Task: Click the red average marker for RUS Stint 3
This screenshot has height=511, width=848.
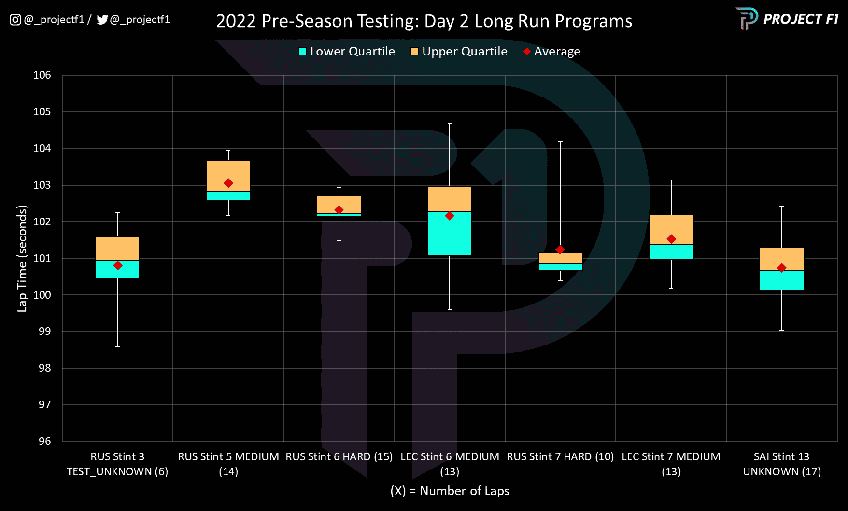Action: click(118, 265)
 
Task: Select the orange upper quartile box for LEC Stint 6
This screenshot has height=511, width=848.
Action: click(450, 198)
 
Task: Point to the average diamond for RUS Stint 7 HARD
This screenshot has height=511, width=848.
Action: click(560, 249)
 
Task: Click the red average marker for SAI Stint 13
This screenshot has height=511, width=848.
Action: click(782, 268)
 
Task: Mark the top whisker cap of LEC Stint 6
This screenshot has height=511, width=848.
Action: click(450, 124)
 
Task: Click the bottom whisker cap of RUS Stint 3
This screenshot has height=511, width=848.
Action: click(118, 346)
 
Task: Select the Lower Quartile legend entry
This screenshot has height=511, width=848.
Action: click(347, 51)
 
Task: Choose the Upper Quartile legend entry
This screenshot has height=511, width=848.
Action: click(459, 51)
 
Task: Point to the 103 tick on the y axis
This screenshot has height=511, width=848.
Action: click(42, 185)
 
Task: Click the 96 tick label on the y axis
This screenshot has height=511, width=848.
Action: click(45, 441)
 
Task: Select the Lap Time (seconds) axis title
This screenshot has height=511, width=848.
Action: click(22, 258)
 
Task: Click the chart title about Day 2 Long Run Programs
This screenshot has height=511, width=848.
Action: click(424, 21)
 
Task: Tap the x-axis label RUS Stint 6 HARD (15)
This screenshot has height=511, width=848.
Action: click(339, 456)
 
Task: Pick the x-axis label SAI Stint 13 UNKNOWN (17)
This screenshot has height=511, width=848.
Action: click(782, 464)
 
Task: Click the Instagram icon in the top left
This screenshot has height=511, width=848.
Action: click(15, 20)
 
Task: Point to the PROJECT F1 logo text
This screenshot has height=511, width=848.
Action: click(801, 19)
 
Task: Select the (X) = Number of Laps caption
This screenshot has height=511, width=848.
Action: click(450, 491)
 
